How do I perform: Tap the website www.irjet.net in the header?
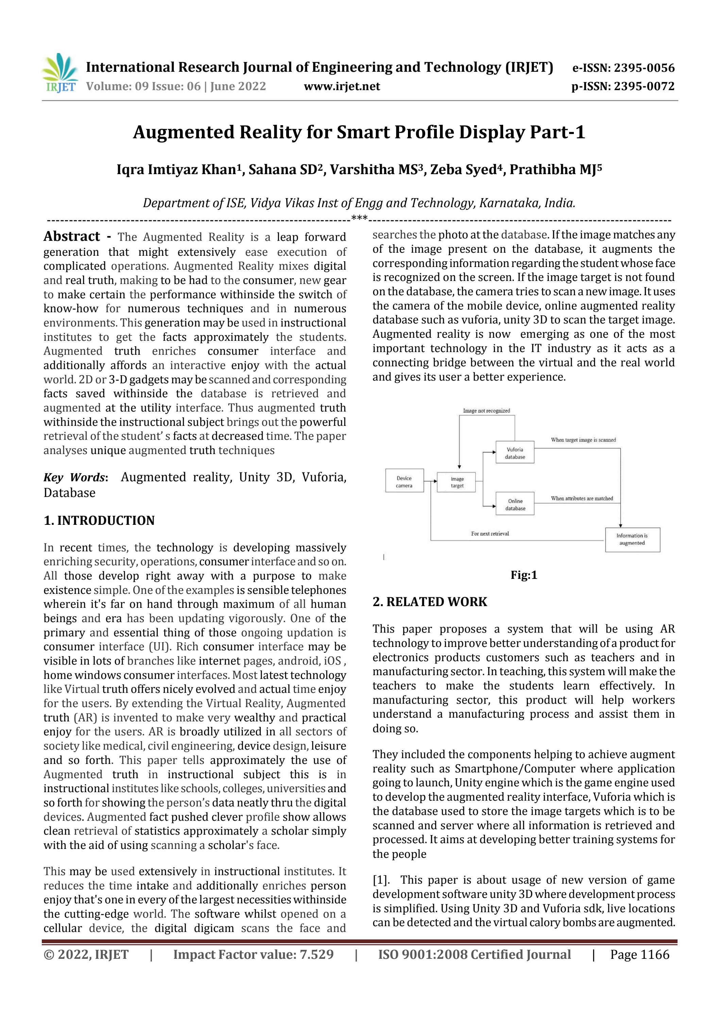(341, 86)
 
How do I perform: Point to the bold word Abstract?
(72, 236)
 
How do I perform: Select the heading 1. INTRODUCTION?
(99, 520)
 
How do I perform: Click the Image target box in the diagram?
(457, 482)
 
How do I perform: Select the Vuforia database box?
(515, 453)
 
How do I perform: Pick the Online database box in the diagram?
(515, 504)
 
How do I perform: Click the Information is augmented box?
(632, 539)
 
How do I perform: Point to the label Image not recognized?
(486, 411)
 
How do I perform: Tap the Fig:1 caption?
(524, 575)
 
